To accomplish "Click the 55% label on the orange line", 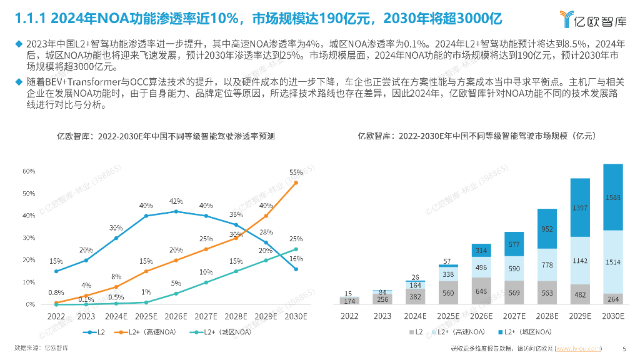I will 296,172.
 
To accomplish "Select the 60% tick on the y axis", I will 28,171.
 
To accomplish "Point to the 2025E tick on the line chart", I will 146,316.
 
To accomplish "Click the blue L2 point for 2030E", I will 296,269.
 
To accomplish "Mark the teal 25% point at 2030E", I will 296,249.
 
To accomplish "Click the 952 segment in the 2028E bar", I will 547,229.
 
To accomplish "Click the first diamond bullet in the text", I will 17,44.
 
